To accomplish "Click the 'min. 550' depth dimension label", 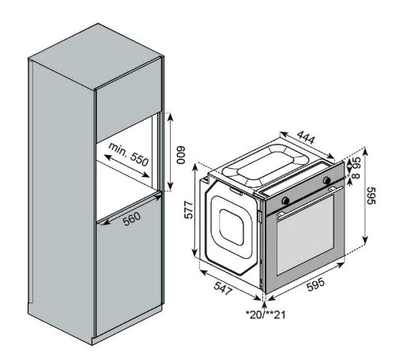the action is click(129, 155).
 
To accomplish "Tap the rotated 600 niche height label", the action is click(180, 156).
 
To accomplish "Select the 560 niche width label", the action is click(132, 219).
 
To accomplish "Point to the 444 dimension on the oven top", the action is click(306, 137).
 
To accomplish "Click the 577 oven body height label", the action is click(189, 210).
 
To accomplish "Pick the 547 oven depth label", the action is click(223, 288).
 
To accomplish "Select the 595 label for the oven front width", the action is click(316, 284).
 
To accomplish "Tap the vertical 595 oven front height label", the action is click(371, 196).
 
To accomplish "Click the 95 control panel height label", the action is click(356, 163).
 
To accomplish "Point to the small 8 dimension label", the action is click(356, 175).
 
